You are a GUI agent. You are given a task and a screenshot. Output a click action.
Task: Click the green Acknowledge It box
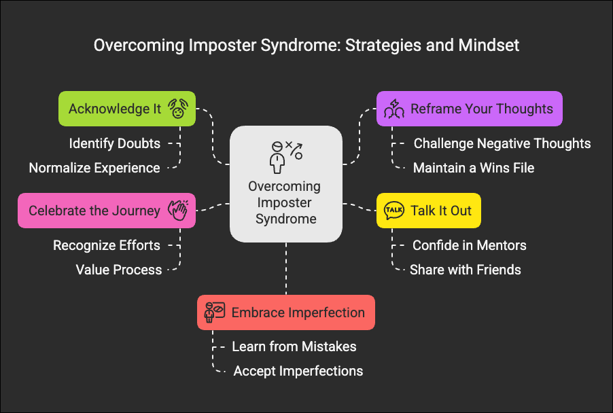126,109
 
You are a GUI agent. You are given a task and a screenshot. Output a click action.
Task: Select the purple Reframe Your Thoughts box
470,109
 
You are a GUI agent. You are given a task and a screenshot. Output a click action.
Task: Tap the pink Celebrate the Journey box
107,211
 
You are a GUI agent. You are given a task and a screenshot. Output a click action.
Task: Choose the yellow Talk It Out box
429,211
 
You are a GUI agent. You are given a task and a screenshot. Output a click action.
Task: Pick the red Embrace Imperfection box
286,312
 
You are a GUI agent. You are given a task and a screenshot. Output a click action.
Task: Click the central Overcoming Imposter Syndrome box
286,184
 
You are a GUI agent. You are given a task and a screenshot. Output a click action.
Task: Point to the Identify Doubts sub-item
114,143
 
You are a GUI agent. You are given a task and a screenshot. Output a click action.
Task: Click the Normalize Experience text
94,168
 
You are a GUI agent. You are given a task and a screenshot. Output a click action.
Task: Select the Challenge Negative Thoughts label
502,143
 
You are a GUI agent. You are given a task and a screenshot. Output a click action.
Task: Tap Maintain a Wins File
474,168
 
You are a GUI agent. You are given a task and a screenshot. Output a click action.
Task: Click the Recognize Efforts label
107,245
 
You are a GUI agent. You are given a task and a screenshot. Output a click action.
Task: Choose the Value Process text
119,270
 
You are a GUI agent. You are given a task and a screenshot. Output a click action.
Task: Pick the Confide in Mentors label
470,245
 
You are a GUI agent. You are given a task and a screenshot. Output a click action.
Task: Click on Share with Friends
466,270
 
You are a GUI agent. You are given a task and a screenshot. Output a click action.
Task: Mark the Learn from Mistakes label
294,346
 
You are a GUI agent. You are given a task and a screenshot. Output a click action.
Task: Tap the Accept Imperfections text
298,371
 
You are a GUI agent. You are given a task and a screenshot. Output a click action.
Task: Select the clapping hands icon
177,211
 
